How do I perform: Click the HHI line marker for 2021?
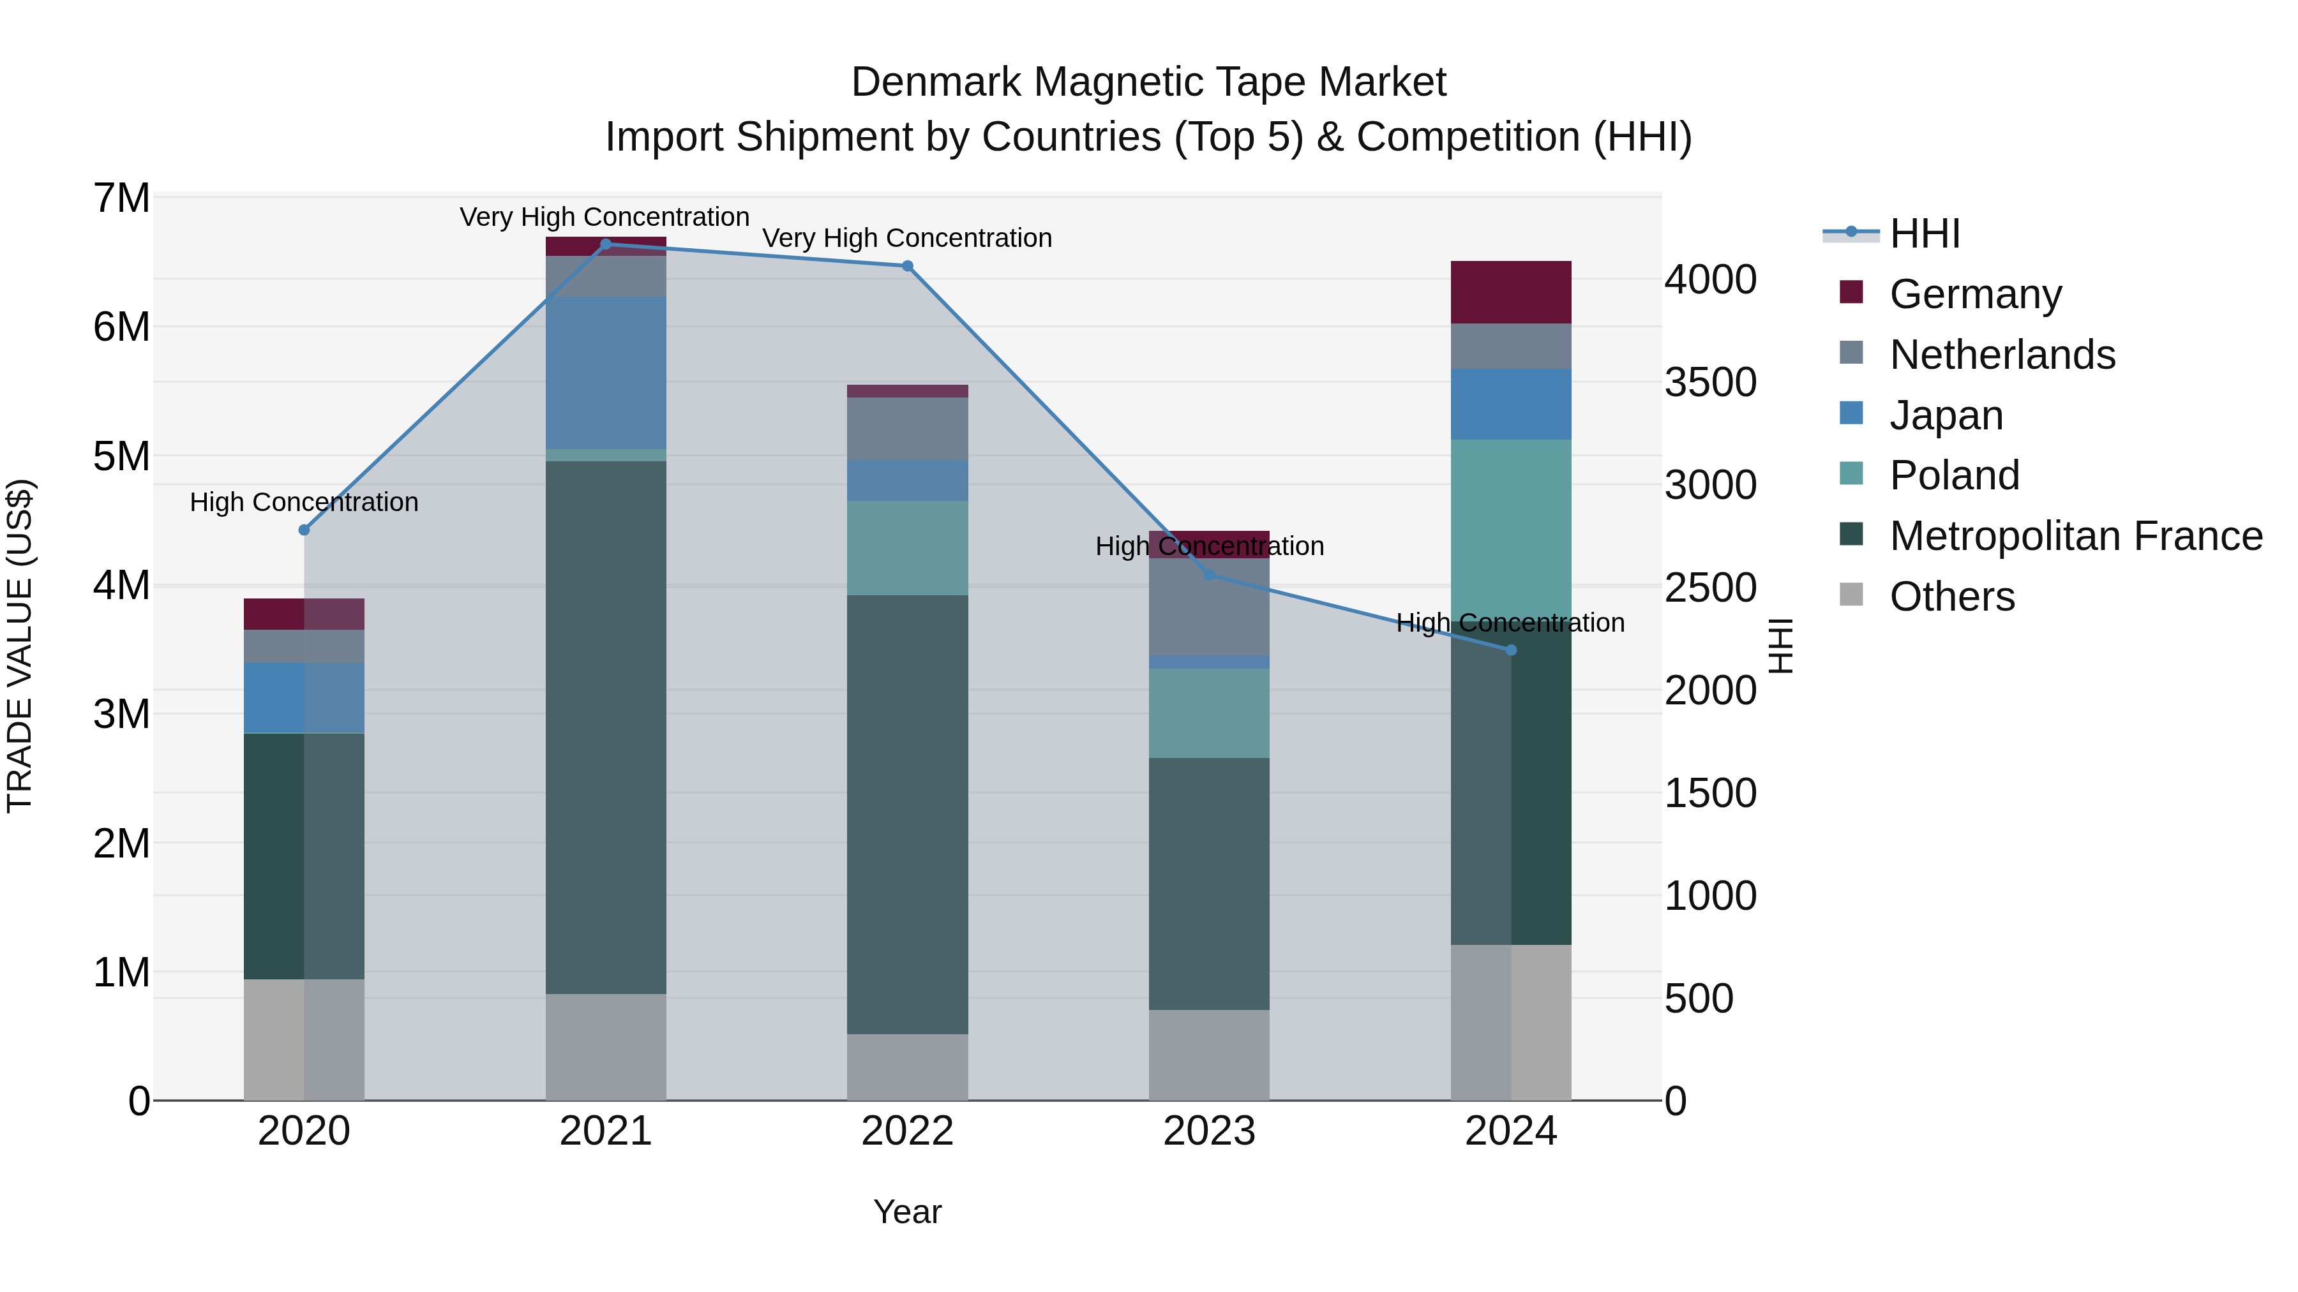click(x=606, y=244)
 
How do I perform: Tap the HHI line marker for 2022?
click(x=907, y=265)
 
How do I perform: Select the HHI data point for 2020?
click(x=304, y=530)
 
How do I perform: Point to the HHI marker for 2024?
click(x=1511, y=650)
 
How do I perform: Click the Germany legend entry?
click(x=1975, y=294)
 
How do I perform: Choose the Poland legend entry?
click(x=1954, y=475)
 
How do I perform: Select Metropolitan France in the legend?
click(x=2075, y=536)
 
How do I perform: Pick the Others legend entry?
click(x=1952, y=597)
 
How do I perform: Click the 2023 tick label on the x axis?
click(x=1209, y=1131)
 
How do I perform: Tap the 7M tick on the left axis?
click(x=121, y=198)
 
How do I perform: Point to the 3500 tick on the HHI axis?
click(x=1710, y=383)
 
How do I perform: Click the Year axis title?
click(x=907, y=1212)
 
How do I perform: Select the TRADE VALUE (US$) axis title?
click(x=20, y=646)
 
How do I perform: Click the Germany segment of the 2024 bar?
click(x=1510, y=292)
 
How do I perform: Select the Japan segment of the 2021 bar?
click(x=606, y=373)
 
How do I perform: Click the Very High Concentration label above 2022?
click(x=907, y=238)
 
